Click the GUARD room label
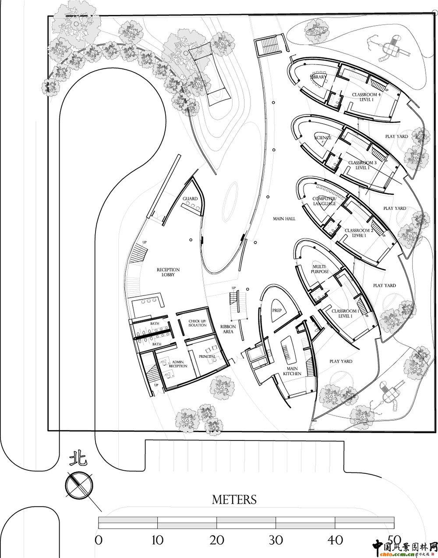pyautogui.click(x=190, y=199)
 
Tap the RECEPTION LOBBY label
pyautogui.click(x=168, y=272)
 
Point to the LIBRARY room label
pyautogui.click(x=318, y=77)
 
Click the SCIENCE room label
pyautogui.click(x=323, y=138)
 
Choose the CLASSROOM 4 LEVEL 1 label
pyautogui.click(x=366, y=97)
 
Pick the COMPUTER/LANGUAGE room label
pyautogui.click(x=324, y=201)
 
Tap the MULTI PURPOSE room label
pyautogui.click(x=321, y=269)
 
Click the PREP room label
pyautogui.click(x=277, y=310)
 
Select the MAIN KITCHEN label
pyautogui.click(x=292, y=371)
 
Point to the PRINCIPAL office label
pyautogui.click(x=207, y=356)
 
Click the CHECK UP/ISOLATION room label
pyautogui.click(x=198, y=323)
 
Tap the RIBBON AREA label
pyautogui.click(x=228, y=329)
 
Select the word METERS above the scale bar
pyautogui.click(x=234, y=499)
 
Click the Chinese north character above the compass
pyautogui.click(x=78, y=459)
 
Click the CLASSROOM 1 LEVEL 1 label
pyautogui.click(x=345, y=313)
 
